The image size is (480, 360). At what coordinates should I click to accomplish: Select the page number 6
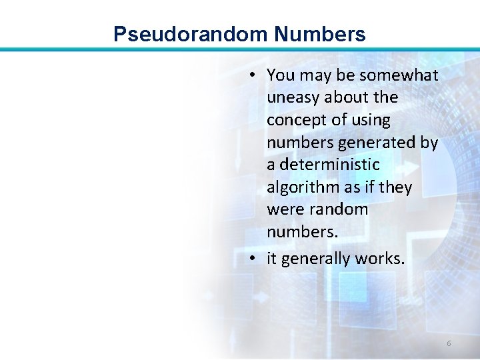click(449, 343)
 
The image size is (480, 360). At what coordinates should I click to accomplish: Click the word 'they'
click(395, 187)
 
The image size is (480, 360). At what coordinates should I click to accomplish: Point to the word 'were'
click(283, 209)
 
